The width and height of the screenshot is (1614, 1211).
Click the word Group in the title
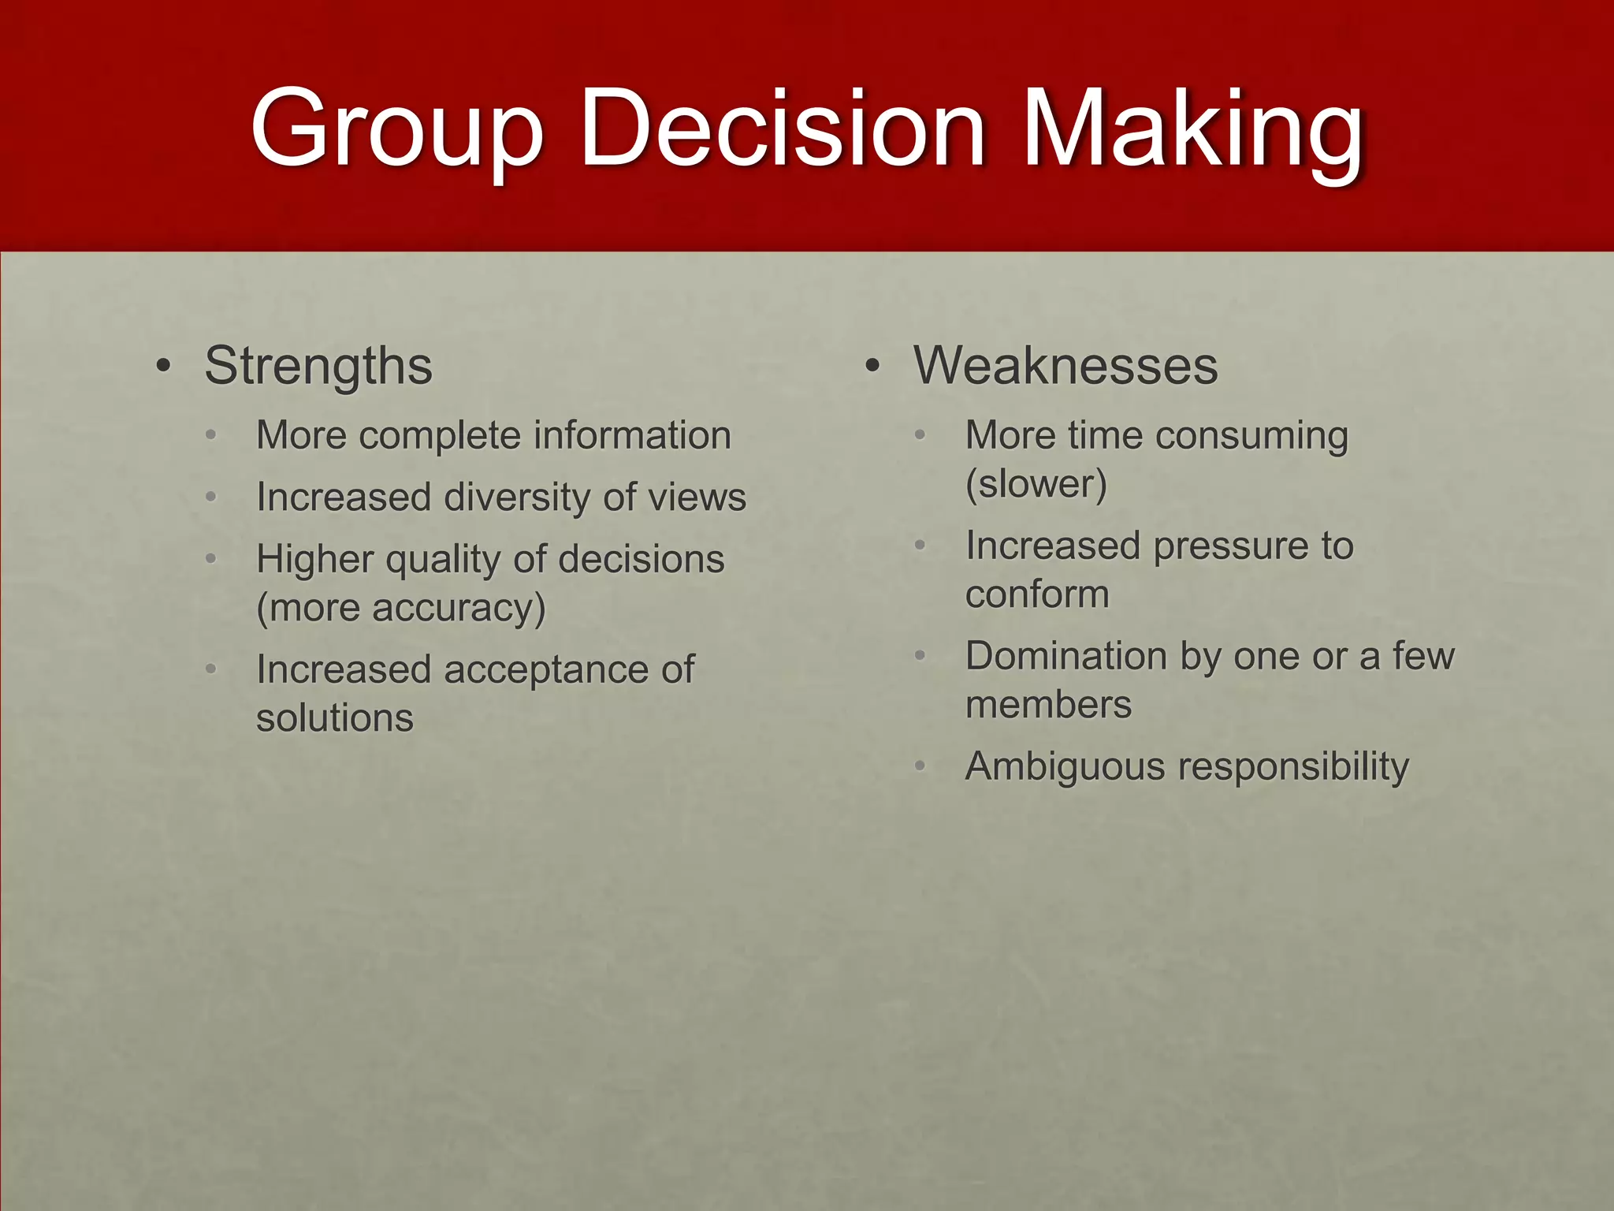coord(396,130)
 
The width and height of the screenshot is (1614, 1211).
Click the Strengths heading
coord(318,367)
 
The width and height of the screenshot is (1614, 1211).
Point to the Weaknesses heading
coord(1065,367)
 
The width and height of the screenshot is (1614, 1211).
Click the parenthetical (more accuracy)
coord(401,609)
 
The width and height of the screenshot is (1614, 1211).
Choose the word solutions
coord(335,718)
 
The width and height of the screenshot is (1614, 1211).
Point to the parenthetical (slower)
coord(1036,484)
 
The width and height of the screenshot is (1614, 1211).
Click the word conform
coord(1037,594)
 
